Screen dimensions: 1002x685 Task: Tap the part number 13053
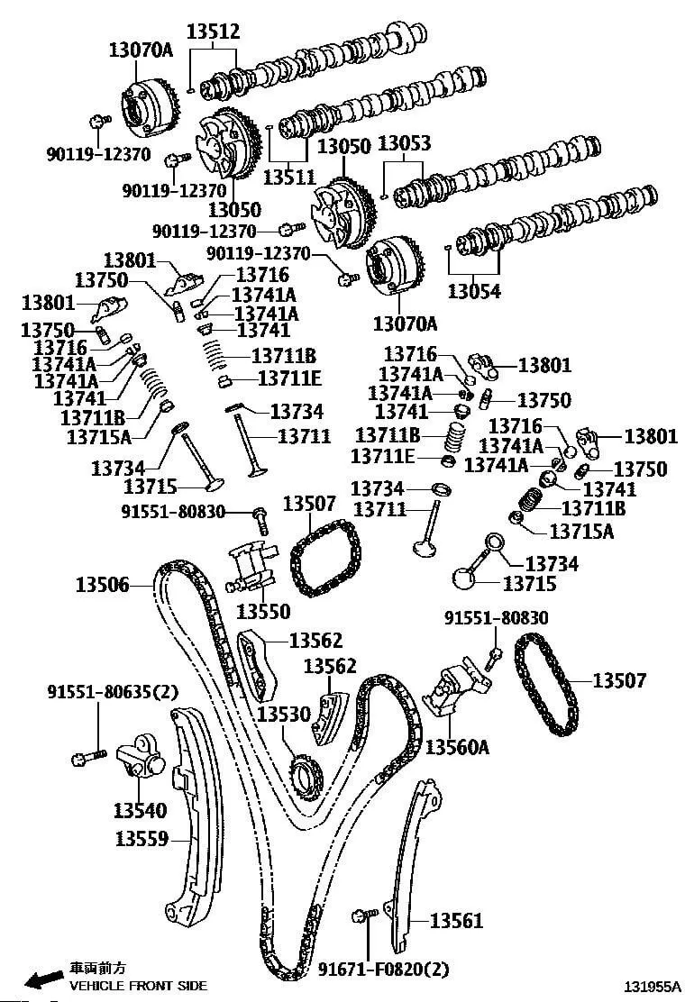pyautogui.click(x=403, y=144)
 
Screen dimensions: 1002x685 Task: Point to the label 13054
pyautogui.click(x=474, y=291)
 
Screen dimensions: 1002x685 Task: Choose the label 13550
pyautogui.click(x=263, y=612)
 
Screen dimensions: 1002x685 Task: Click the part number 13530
pyautogui.click(x=283, y=715)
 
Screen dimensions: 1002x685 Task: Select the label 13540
pyautogui.click(x=140, y=810)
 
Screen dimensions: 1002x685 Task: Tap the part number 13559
pyautogui.click(x=142, y=839)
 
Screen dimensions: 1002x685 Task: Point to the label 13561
pyautogui.click(x=456, y=921)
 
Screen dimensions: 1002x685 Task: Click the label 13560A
pyautogui.click(x=457, y=747)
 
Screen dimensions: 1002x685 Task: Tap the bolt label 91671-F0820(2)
pyautogui.click(x=383, y=970)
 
